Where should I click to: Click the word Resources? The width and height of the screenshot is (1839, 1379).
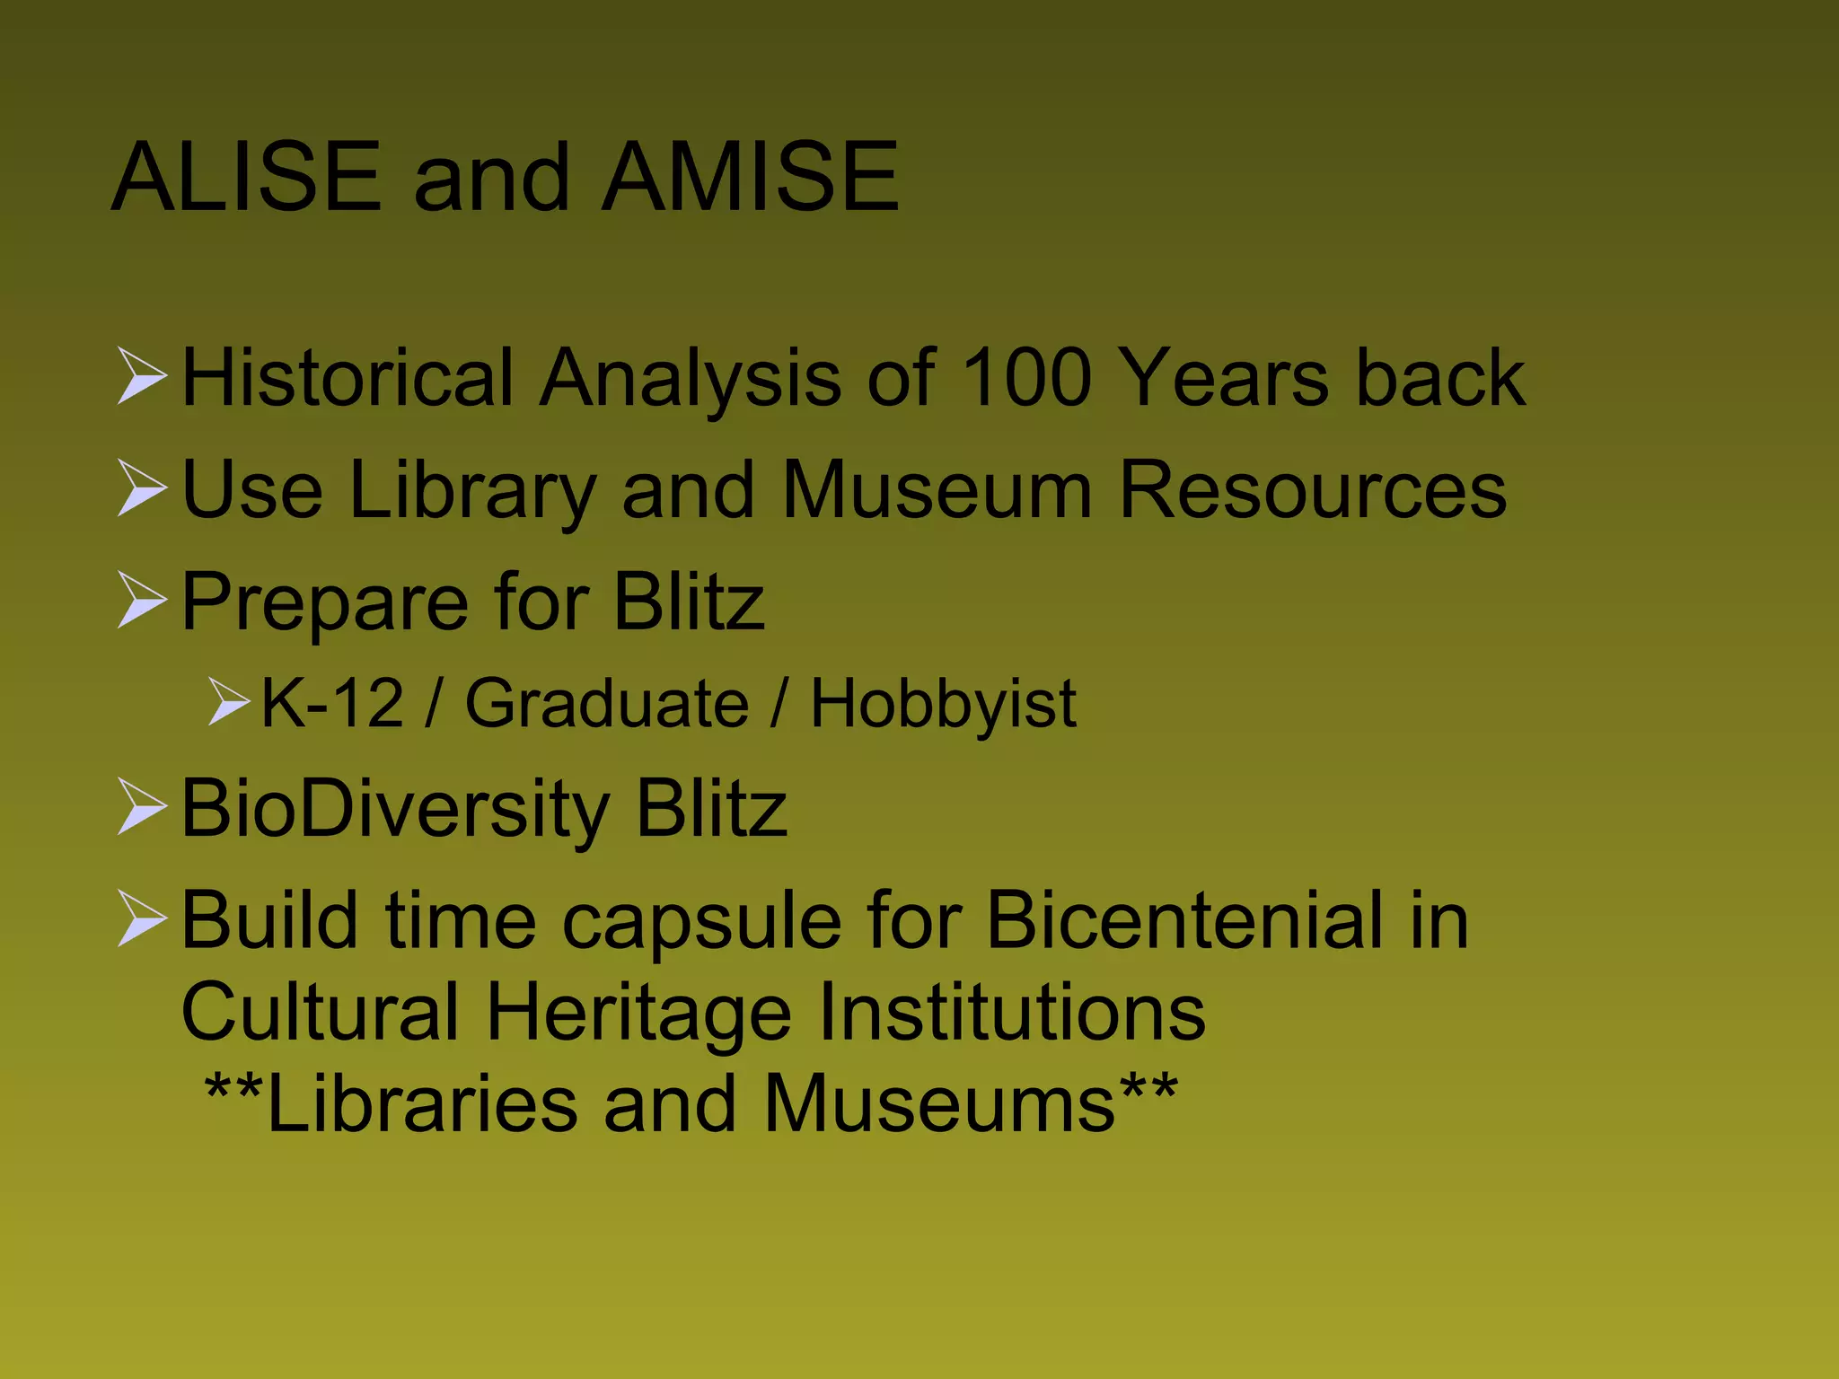pyautogui.click(x=1313, y=490)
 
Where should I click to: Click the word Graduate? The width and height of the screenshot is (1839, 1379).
pyautogui.click(x=606, y=703)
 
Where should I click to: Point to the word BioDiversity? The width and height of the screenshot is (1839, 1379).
pyautogui.click(x=395, y=808)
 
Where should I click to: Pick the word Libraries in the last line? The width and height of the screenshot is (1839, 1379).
pyautogui.click(x=422, y=1104)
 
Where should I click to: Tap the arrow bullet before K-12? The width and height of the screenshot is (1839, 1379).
pyautogui.click(x=228, y=702)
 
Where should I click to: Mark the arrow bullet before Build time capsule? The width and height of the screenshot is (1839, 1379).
pyautogui.click(x=142, y=920)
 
